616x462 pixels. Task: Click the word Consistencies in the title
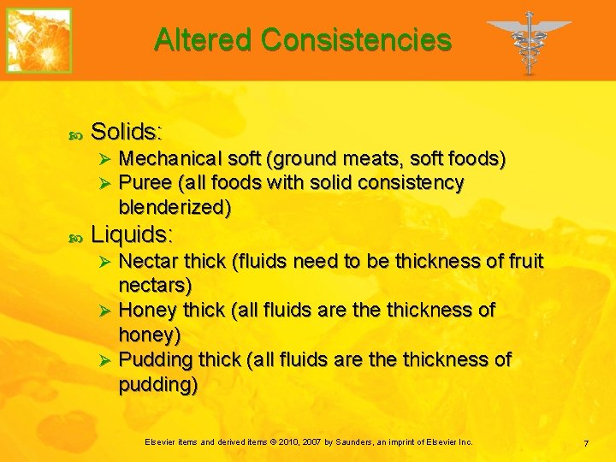[x=356, y=39]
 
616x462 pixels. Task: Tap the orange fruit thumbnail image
[x=39, y=40]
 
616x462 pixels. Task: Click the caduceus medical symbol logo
[x=529, y=41]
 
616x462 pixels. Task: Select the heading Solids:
[x=127, y=132]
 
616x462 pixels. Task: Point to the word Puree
[x=144, y=183]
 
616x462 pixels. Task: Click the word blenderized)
[x=175, y=207]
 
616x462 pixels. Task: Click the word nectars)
[x=155, y=284]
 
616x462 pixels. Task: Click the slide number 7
[x=586, y=443]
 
